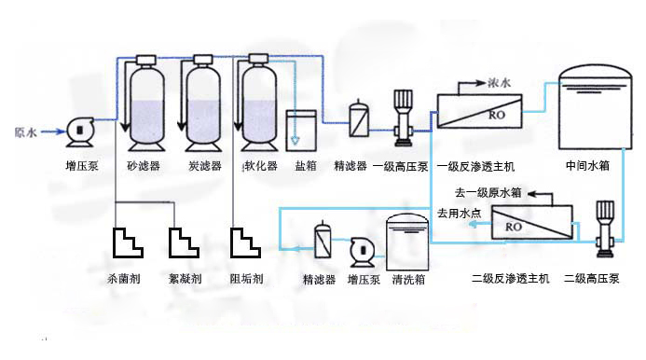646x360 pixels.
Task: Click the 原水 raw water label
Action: click(x=25, y=132)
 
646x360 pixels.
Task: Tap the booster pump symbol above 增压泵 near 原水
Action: click(x=80, y=132)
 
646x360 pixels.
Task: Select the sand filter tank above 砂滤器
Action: click(x=146, y=104)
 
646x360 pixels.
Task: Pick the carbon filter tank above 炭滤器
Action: click(x=203, y=104)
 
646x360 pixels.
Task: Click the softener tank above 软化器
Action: click(x=259, y=104)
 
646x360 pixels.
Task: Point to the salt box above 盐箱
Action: click(x=301, y=131)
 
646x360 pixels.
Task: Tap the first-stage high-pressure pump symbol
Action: click(x=403, y=118)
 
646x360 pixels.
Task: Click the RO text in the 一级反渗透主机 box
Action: click(x=497, y=115)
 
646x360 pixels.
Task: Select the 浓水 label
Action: click(x=500, y=83)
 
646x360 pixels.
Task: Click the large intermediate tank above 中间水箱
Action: click(x=596, y=107)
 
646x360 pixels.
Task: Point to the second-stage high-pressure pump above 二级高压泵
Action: click(x=605, y=228)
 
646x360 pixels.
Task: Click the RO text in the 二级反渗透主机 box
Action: click(x=514, y=227)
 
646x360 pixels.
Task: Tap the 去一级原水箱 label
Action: click(x=488, y=192)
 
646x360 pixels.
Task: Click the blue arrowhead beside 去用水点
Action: click(x=474, y=224)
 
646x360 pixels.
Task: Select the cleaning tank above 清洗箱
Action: click(x=407, y=242)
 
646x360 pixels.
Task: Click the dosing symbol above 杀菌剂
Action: click(x=128, y=242)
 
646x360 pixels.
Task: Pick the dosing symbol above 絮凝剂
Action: click(x=184, y=242)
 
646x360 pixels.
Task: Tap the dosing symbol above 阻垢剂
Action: click(x=245, y=242)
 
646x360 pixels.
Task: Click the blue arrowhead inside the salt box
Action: click(x=295, y=140)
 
